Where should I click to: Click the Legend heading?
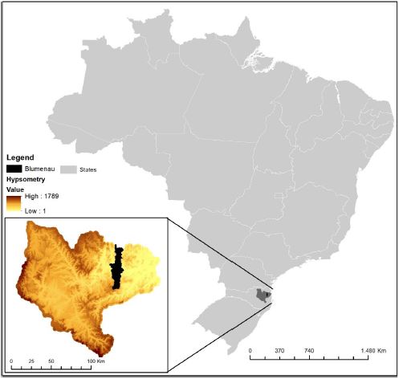tap(21, 157)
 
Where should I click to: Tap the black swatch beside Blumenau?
tap(14, 169)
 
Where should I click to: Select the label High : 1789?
tap(42, 197)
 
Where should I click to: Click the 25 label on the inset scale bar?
tap(31, 362)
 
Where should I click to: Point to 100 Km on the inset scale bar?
tap(96, 362)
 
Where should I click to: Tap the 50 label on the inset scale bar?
tap(51, 362)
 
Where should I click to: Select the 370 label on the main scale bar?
tap(279, 351)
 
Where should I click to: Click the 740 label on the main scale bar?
tap(309, 351)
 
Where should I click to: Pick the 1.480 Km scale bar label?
tap(374, 351)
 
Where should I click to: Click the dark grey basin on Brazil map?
tap(263, 295)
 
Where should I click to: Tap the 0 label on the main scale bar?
tap(250, 351)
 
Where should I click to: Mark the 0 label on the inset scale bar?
tap(12, 362)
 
